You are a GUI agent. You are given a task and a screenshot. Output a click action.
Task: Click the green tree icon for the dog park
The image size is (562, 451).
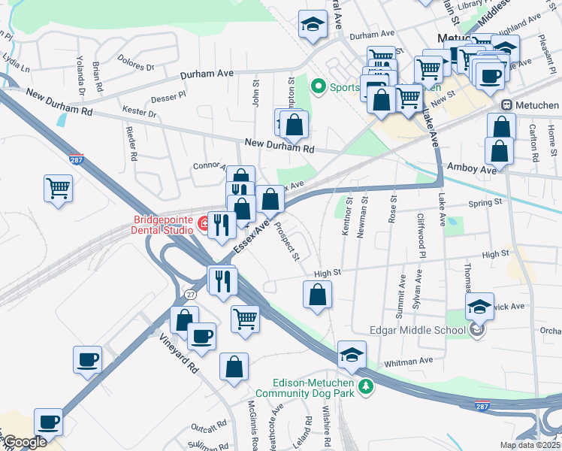365,386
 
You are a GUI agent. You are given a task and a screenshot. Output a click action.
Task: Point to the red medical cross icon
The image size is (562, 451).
202,222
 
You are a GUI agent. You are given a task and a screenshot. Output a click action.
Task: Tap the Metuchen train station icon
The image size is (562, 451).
508,105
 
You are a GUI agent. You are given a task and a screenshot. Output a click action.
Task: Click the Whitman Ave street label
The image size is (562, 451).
406,362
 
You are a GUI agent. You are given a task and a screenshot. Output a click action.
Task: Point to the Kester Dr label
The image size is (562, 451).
142,114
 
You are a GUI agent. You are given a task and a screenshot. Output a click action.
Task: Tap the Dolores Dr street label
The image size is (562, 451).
135,65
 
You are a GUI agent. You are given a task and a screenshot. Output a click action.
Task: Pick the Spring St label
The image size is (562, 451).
484,203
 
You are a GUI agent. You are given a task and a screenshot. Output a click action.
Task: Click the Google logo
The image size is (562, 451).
24,442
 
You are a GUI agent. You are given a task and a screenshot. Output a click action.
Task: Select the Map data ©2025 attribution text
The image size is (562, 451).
530,445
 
